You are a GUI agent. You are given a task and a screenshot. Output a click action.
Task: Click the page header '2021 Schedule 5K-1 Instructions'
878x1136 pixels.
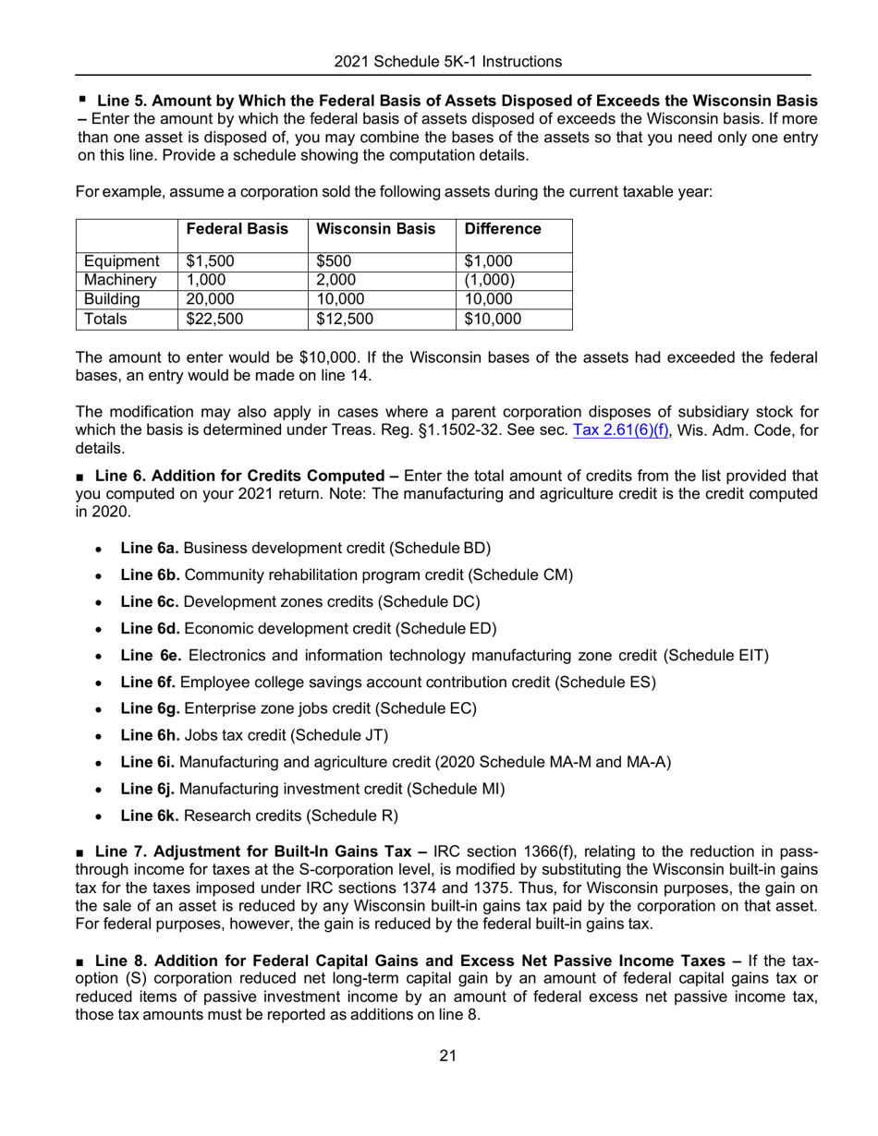(447, 62)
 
